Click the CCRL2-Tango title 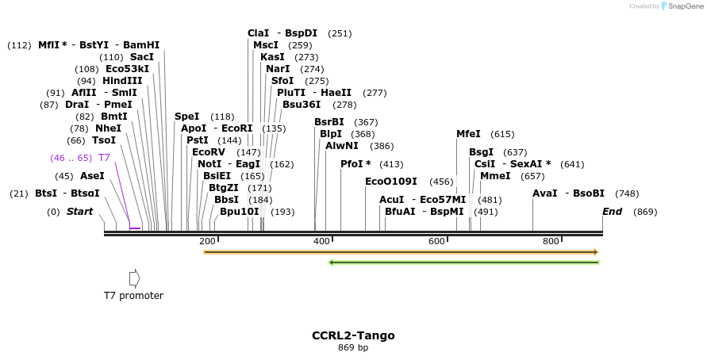[353, 335]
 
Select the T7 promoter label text [133, 296]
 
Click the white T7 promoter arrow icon [135, 278]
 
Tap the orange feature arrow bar [401, 252]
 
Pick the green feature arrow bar [463, 262]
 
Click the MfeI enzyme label [468, 134]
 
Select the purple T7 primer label [104, 158]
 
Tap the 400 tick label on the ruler [321, 241]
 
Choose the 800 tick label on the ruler [551, 241]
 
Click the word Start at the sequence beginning [79, 212]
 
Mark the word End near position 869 [612, 212]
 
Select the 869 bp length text [353, 347]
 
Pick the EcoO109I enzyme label [391, 182]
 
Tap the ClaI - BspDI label [282, 33]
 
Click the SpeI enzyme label [186, 117]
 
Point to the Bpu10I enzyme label [240, 212]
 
